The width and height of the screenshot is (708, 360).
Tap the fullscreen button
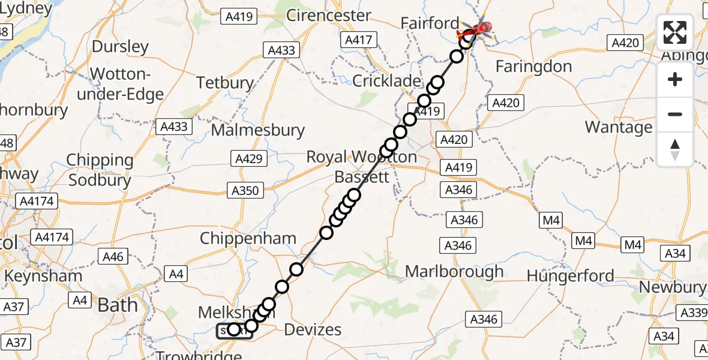pos(675,32)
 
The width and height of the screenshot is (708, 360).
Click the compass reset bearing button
pos(675,149)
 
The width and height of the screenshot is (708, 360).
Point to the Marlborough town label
pos(454,271)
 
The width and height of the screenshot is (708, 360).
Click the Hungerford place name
pos(570,276)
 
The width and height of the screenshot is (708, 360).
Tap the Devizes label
pos(313,329)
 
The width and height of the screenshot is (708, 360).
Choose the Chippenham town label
pos(248,238)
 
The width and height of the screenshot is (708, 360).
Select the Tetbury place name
pos(226,83)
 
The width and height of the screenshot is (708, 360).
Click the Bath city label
pos(118,305)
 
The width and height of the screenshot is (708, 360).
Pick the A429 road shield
pos(248,158)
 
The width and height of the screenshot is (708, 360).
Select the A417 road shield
pos(358,40)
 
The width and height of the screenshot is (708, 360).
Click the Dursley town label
pos(121,47)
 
